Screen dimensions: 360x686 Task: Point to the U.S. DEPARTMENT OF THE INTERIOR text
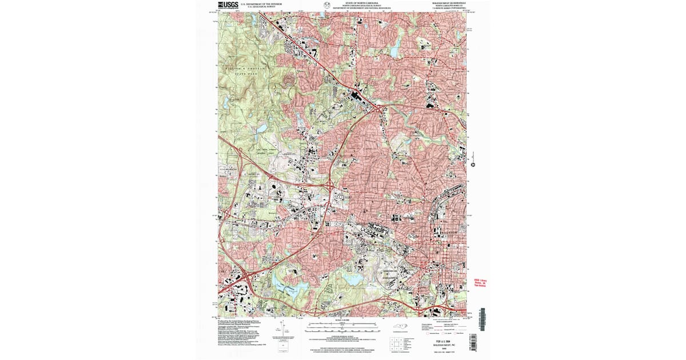coord(261,3)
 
